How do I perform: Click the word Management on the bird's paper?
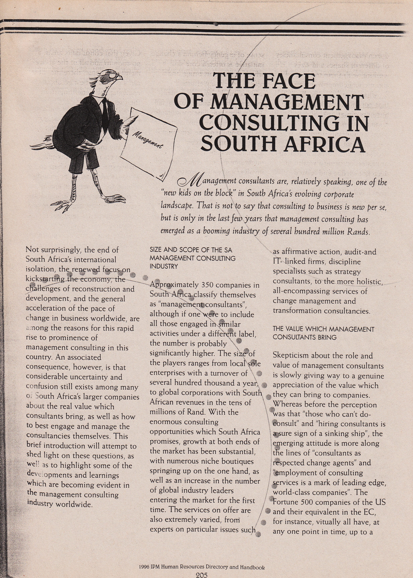coord(148,139)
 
